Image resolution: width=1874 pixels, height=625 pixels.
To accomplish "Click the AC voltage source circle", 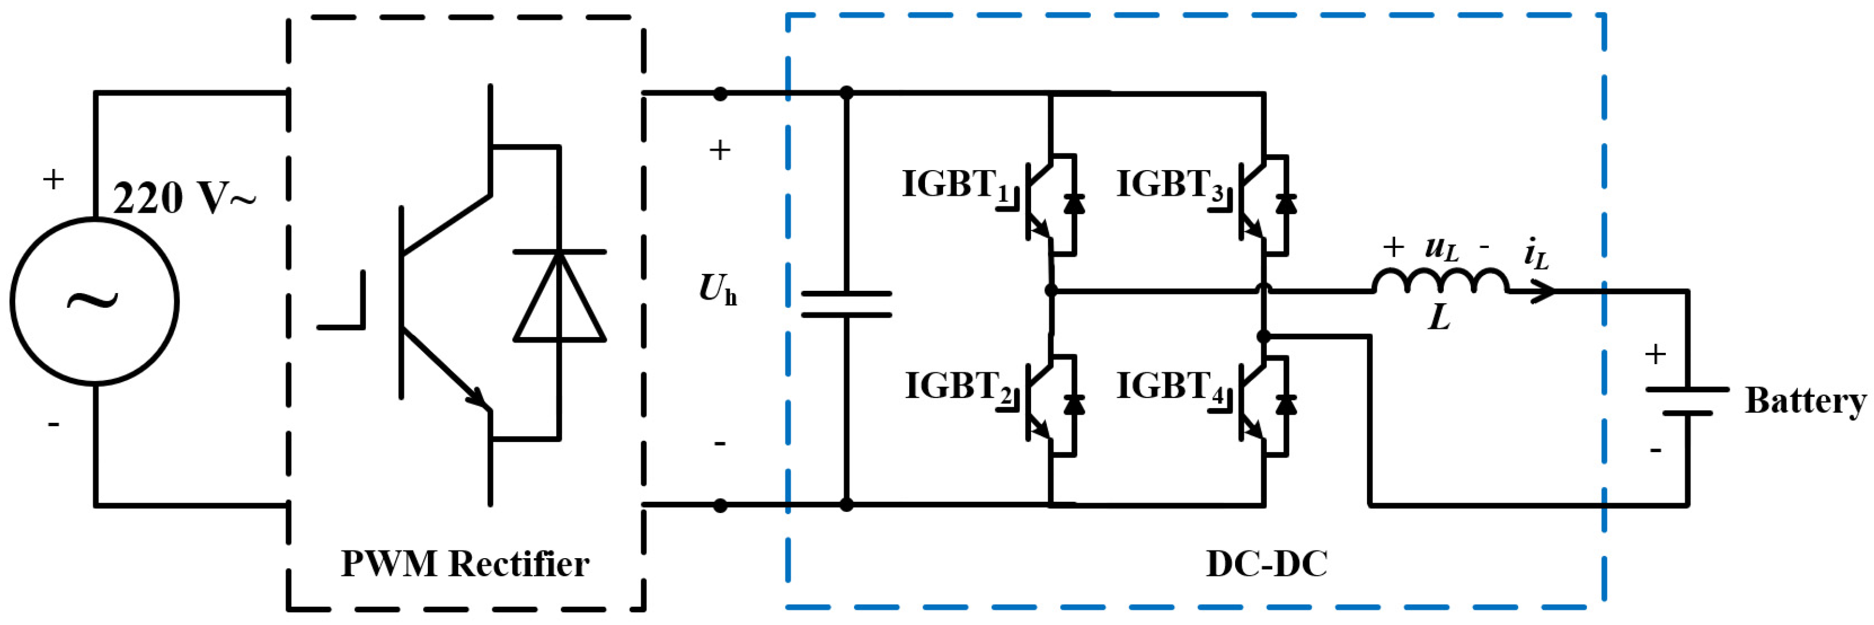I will [94, 301].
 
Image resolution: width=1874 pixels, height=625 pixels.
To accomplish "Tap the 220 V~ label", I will [185, 198].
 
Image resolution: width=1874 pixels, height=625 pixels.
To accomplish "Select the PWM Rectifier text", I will [465, 564].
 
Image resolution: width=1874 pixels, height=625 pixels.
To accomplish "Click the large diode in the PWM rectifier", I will [559, 297].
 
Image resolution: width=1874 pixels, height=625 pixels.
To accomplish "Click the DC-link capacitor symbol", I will [846, 304].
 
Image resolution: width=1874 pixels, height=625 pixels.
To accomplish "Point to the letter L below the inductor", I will [1440, 318].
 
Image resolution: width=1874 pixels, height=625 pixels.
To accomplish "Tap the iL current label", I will [1536, 254].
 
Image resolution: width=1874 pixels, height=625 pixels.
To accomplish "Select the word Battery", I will [1805, 400].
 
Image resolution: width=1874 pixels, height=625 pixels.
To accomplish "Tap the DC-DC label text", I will [1267, 564].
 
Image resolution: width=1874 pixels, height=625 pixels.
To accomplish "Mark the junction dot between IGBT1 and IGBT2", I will [1050, 291].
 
